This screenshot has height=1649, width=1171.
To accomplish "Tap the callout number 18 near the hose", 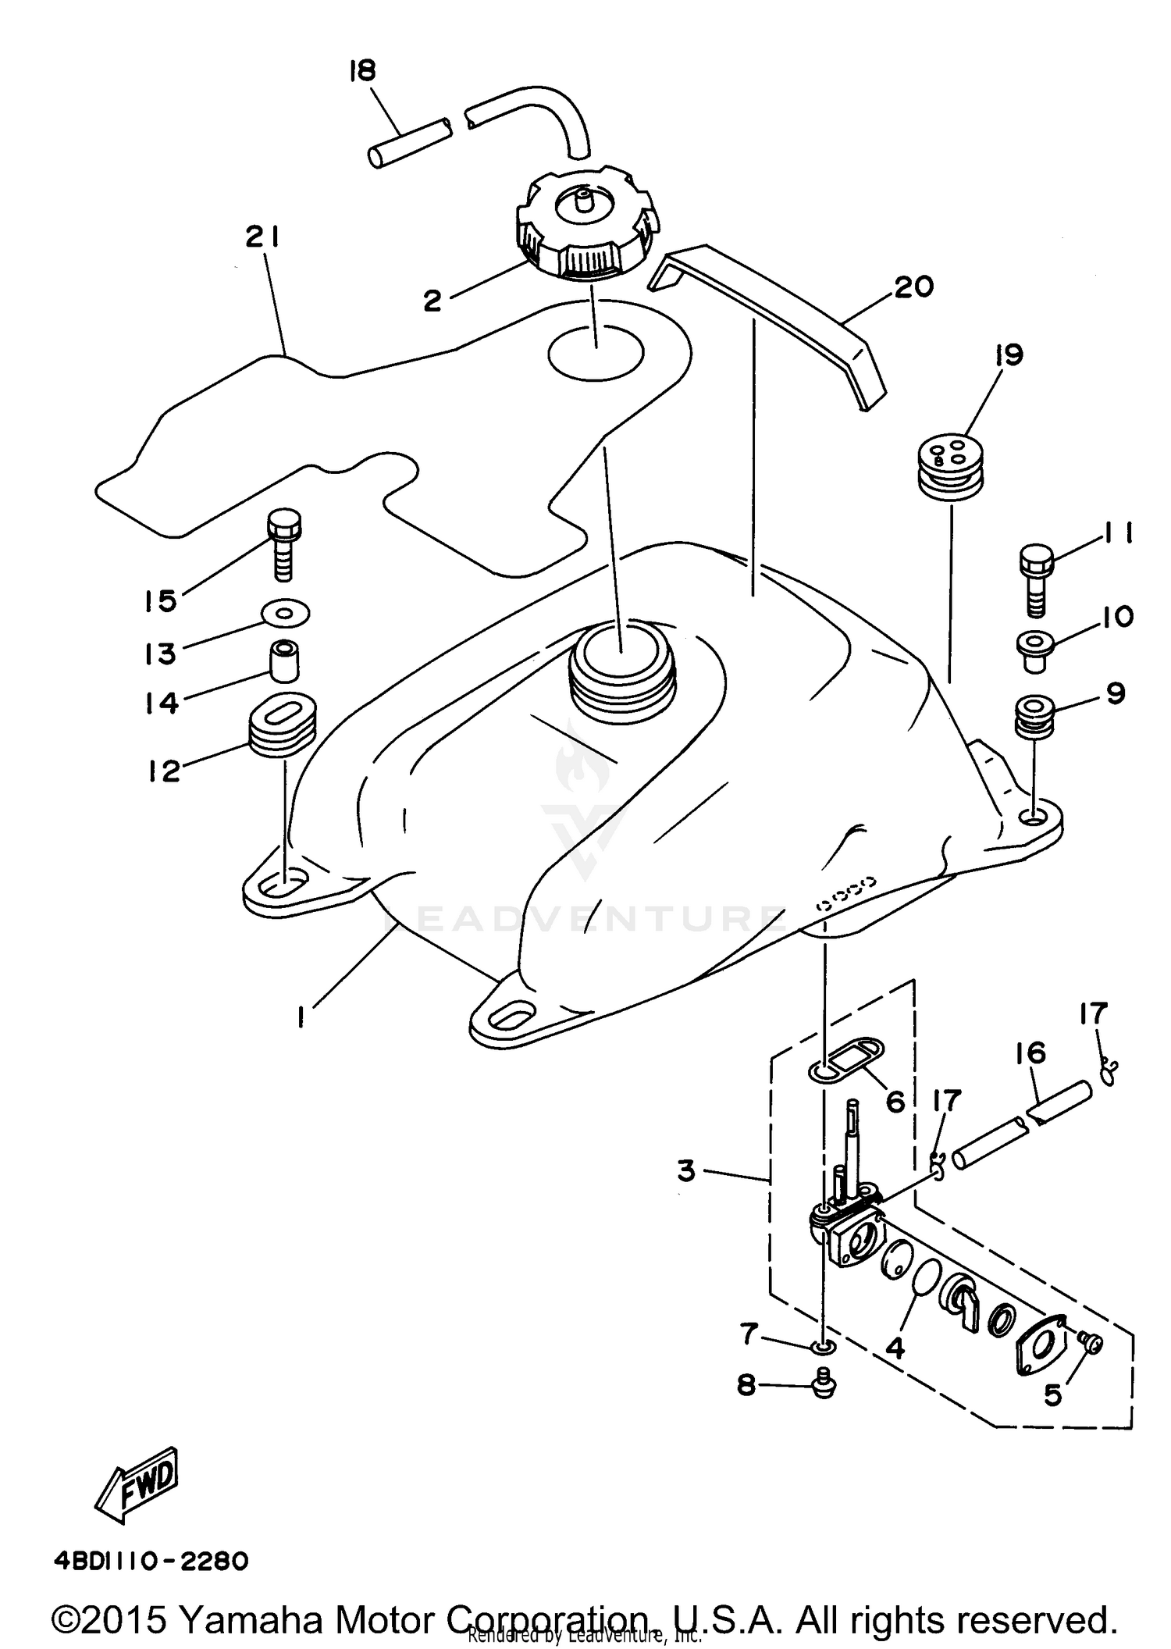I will [362, 71].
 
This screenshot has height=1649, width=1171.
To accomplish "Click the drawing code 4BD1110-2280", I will [151, 1562].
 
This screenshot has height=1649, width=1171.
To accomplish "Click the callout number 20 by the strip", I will [914, 287].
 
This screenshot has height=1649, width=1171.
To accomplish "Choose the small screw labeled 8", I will [824, 1384].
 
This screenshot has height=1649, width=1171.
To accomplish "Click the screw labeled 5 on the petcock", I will [1091, 1342].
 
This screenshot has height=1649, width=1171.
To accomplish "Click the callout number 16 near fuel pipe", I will [1030, 1053].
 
